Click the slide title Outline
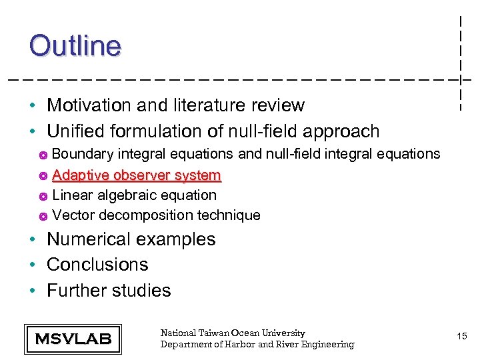coord(75,46)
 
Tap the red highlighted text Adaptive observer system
coord(136,175)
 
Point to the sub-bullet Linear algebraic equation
coord(134,195)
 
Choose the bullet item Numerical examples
coord(131,239)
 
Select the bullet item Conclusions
coord(97,265)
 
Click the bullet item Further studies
coord(109,291)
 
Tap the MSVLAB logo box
coord(73,339)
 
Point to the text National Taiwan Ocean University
coord(233,333)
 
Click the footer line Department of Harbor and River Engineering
coord(257,344)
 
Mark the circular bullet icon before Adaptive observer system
coord(43,176)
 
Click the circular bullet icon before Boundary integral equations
coord(43,155)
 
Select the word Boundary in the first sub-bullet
coord(83,154)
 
